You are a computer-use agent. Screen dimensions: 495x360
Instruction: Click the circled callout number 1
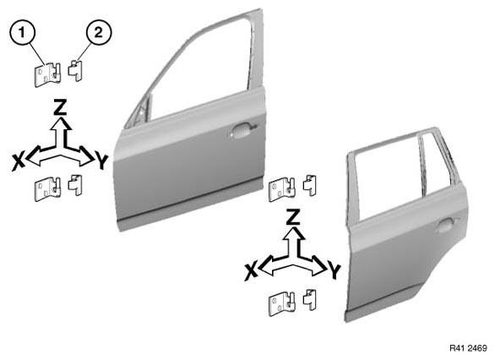[22, 33]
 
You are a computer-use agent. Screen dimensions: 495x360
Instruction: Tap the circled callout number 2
[99, 32]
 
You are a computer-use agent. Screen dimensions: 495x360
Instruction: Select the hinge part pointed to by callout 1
[47, 75]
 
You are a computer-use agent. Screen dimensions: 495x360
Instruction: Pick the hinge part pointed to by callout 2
[75, 71]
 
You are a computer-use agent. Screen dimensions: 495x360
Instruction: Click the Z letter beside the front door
[60, 106]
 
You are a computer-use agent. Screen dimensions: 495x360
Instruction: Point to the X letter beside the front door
[19, 162]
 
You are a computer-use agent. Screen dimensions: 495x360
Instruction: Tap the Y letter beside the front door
[101, 161]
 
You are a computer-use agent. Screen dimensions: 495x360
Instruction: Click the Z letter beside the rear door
[293, 217]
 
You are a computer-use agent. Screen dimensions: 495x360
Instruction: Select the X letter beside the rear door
[251, 271]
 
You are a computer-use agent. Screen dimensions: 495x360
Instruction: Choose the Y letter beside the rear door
[335, 271]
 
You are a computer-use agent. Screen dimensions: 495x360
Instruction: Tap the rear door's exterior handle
[447, 225]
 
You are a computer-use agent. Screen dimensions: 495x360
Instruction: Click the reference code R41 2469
[468, 348]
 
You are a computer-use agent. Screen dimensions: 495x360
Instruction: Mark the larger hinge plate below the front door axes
[47, 189]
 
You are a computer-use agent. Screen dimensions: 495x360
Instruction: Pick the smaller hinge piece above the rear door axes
[310, 186]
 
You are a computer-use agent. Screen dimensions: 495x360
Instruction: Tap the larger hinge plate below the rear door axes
[282, 303]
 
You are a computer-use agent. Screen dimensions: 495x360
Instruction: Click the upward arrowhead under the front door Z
[60, 123]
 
